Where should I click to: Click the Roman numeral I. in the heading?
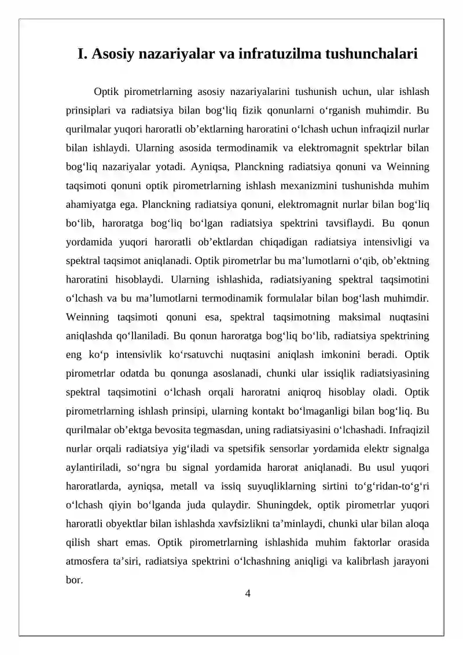[83, 54]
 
